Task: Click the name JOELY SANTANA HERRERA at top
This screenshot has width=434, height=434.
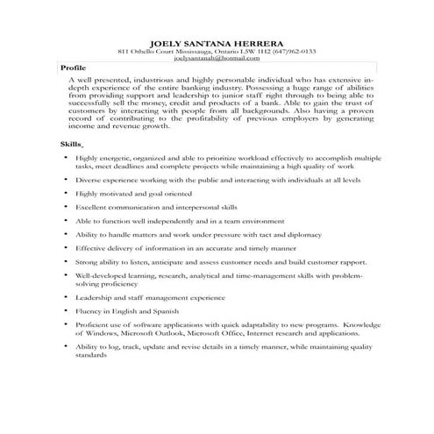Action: (216, 41)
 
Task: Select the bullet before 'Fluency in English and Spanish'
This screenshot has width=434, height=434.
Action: (68, 312)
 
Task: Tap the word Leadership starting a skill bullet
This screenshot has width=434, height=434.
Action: (94, 298)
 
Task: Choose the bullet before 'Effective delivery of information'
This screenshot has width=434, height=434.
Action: (68, 248)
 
